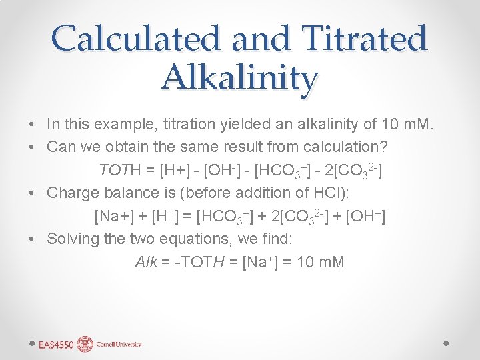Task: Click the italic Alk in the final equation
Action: point(146,261)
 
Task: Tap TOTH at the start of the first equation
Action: point(119,170)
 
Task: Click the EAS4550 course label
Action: point(56,345)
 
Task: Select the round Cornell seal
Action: point(85,344)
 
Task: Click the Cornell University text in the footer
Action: point(119,345)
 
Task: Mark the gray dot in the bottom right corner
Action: point(447,344)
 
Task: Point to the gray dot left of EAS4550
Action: point(31,344)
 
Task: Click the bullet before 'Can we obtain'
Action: point(32,147)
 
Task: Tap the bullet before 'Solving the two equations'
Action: point(32,239)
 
